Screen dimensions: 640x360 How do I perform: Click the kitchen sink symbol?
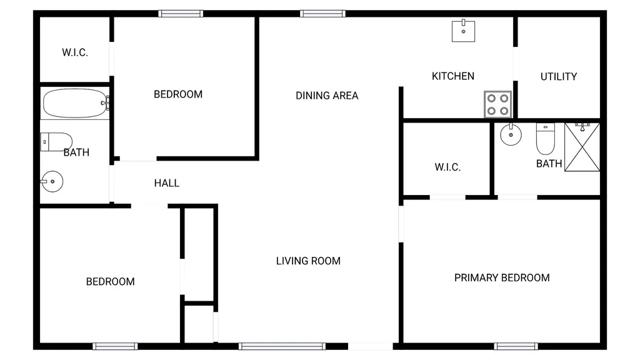(x=463, y=31)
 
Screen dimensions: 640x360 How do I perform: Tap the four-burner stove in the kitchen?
(x=497, y=104)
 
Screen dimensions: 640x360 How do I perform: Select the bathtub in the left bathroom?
(x=75, y=103)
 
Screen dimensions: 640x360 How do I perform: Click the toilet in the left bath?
(x=56, y=142)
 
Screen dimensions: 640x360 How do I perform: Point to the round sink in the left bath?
(x=52, y=182)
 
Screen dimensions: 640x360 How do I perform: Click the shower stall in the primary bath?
(x=582, y=147)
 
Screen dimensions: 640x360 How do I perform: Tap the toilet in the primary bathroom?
(x=545, y=139)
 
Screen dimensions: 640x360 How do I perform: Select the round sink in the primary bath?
(x=511, y=134)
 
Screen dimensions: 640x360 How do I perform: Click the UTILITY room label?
(x=558, y=77)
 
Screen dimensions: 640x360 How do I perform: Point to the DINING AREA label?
(x=327, y=96)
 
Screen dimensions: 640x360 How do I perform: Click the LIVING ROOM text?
(x=308, y=261)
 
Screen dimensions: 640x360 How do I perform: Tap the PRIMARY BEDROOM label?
(x=502, y=278)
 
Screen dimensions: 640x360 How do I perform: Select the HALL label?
(x=166, y=183)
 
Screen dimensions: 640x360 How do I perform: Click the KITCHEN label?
(x=453, y=76)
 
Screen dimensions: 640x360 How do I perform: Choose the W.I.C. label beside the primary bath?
(x=447, y=167)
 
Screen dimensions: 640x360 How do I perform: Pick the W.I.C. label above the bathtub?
(x=75, y=52)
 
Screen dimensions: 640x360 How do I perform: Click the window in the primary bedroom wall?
(x=516, y=346)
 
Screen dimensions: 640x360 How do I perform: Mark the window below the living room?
(x=282, y=346)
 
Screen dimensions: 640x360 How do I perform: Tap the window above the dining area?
(x=322, y=14)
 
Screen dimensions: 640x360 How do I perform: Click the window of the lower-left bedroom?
(x=115, y=346)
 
